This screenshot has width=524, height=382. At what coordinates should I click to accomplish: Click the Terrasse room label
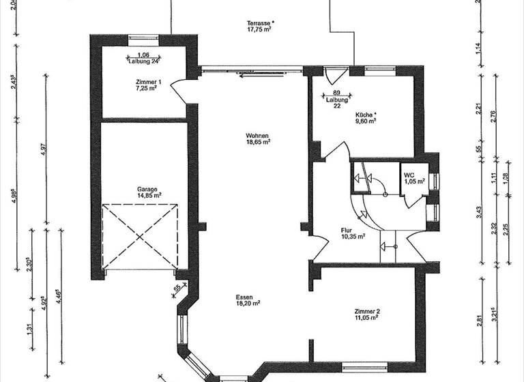point(260,23)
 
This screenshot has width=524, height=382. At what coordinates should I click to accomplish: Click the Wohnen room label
point(258,136)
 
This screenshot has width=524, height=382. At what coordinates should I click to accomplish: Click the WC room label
point(408,175)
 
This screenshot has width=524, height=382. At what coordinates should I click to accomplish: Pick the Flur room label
point(349,230)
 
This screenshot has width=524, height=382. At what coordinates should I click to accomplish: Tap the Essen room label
point(244,298)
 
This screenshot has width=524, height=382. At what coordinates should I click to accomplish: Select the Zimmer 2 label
point(367,311)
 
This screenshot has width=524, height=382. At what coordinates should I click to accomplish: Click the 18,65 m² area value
point(259,143)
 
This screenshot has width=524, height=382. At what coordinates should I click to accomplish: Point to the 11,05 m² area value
point(367,319)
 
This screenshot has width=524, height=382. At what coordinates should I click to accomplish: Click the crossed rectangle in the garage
point(139,236)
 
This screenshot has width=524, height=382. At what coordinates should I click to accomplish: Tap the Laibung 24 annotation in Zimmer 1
point(143,61)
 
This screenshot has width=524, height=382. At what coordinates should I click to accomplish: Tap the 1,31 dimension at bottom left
point(29,327)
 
